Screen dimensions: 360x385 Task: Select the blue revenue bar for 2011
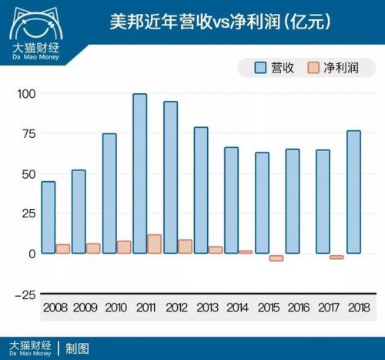point(139,173)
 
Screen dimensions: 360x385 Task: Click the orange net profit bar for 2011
point(154,244)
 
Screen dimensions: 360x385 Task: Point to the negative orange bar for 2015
point(276,257)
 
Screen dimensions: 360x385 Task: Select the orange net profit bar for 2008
point(62,249)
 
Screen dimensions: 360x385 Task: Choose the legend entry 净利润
point(332,68)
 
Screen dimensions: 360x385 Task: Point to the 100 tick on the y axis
point(26,94)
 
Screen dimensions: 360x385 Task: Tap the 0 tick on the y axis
point(32,254)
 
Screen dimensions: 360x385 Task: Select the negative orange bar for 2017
point(336,257)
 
